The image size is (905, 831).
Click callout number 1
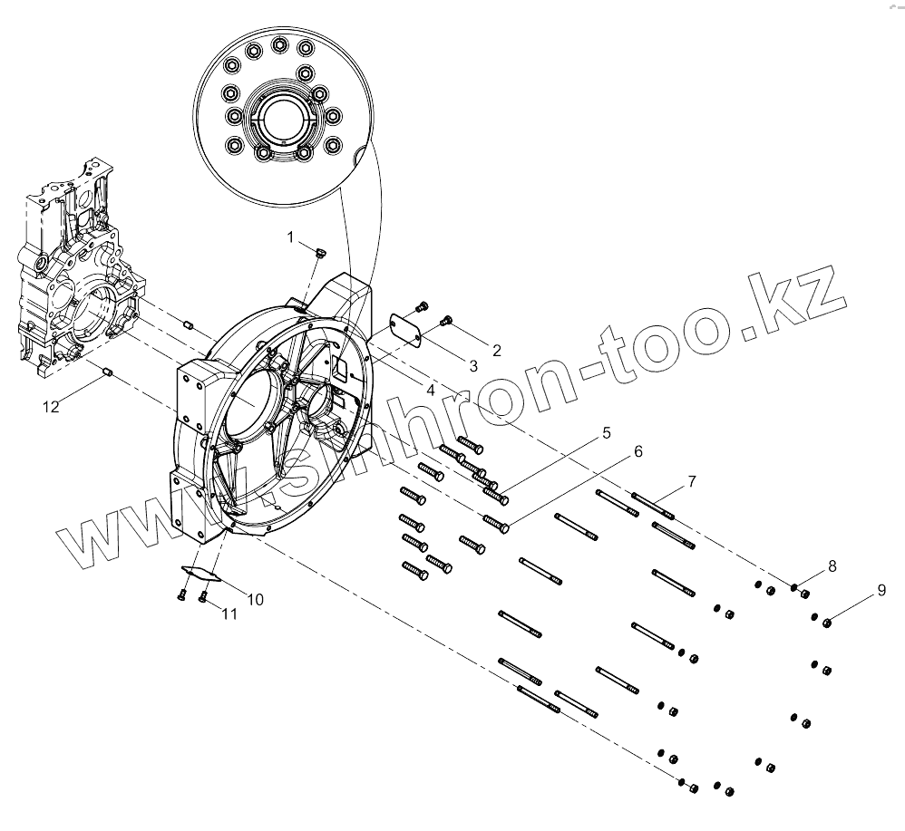pos(291,237)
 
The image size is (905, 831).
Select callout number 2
pos(496,349)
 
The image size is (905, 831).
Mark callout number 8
pos(832,566)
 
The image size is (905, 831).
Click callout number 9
pos(881,591)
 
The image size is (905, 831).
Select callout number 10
pos(255,599)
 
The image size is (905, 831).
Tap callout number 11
pos(230,614)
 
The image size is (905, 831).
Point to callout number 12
pos(51,407)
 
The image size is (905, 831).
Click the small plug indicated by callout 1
pos(320,254)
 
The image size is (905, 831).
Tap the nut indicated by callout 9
pos(828,622)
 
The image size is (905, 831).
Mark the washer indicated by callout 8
pos(794,590)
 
